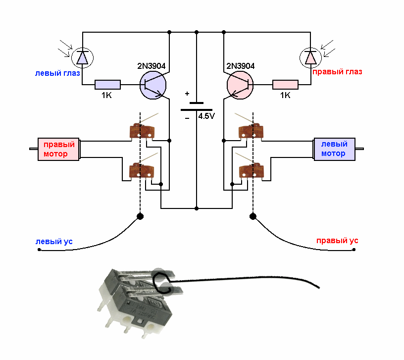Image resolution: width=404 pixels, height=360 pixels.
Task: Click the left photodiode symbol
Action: pos(82,58)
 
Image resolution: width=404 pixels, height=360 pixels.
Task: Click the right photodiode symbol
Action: pos(310,58)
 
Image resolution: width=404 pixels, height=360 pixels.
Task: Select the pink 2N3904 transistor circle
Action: pos(240,85)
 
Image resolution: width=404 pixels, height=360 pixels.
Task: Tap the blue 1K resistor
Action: pos(107,85)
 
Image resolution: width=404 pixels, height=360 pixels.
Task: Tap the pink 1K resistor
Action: pos(285,85)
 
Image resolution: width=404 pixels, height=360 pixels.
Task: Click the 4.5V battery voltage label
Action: pos(206,117)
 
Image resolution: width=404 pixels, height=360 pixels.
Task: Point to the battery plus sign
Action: pos(187,94)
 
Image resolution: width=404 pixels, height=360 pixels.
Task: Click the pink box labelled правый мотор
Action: pos(59,149)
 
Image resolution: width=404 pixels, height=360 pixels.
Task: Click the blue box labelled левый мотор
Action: pos(334,149)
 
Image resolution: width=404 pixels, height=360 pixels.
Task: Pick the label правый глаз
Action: pos(337,72)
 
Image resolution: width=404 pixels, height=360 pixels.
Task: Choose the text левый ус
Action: pos(54,242)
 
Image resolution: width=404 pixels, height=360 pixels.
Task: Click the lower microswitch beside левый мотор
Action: pos(251,171)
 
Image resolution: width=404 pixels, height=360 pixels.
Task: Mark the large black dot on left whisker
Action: pos(140,216)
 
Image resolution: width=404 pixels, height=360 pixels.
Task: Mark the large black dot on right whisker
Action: pos(253,216)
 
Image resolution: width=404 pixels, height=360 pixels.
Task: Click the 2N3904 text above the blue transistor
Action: pos(151,66)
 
